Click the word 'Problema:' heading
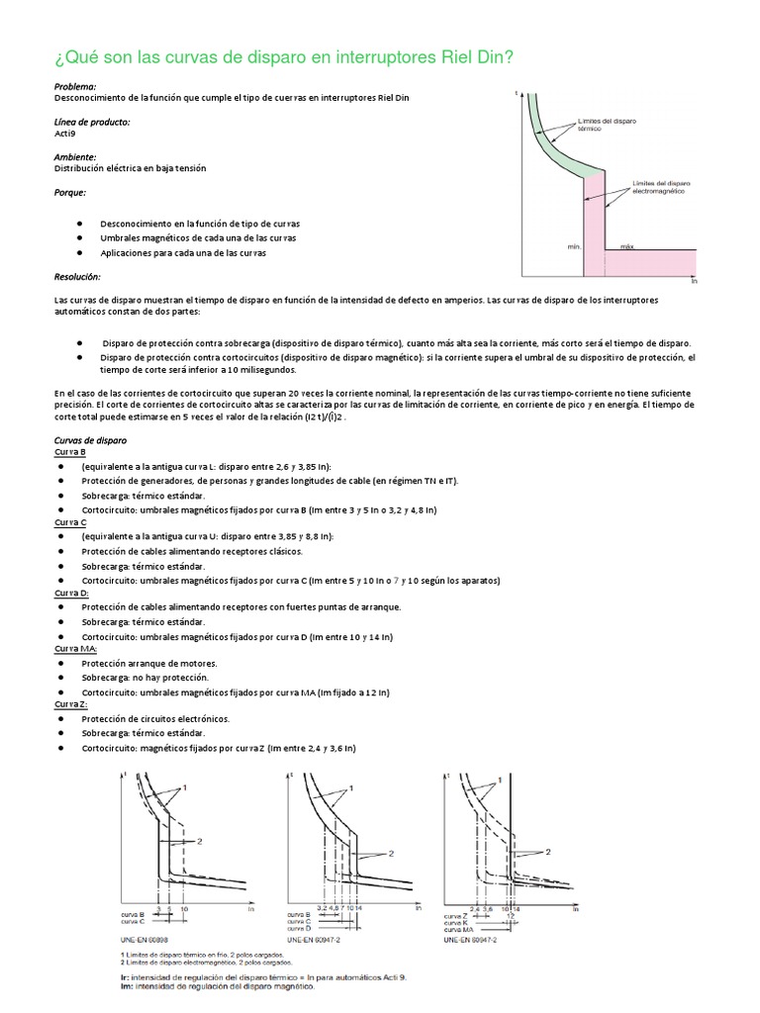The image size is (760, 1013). tap(76, 87)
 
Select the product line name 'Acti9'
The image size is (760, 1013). tap(64, 133)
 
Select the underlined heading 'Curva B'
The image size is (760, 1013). tap(70, 452)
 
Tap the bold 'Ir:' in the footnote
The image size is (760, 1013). tap(112, 976)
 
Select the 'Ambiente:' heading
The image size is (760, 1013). tap(75, 156)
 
